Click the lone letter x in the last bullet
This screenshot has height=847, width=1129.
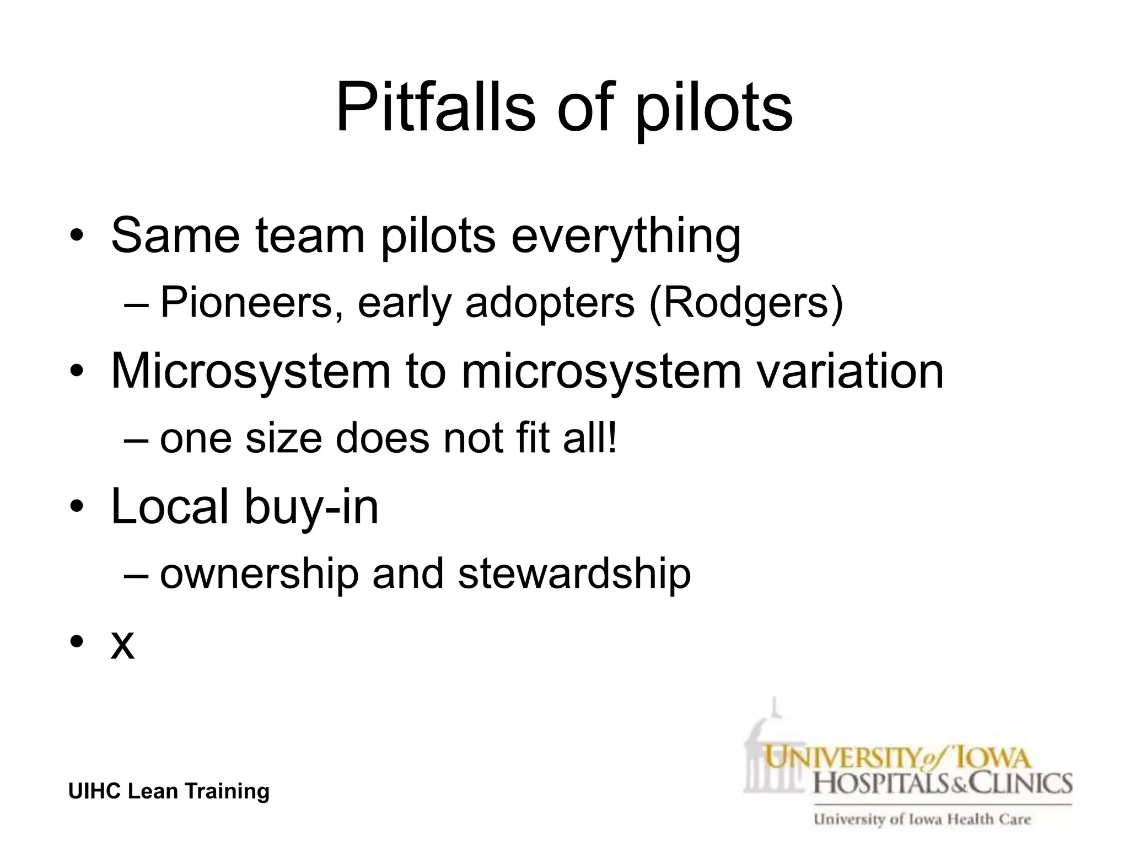coord(122,644)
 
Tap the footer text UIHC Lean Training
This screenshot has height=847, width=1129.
coord(169,791)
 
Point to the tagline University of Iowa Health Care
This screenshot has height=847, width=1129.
coord(922,819)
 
